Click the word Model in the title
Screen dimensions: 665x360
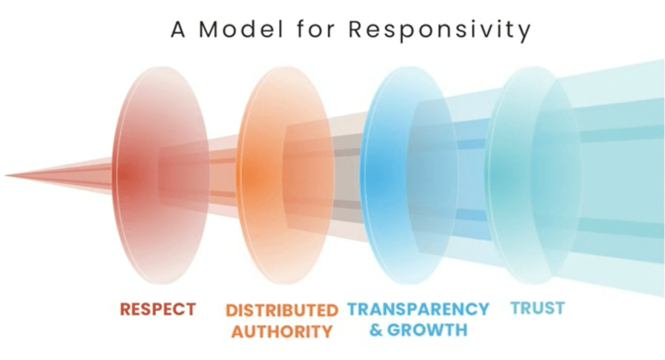pos(241,29)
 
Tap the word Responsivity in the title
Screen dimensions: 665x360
pos(439,31)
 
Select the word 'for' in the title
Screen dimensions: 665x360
pos(316,29)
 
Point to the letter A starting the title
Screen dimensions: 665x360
pos(178,30)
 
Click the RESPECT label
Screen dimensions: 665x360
pos(157,309)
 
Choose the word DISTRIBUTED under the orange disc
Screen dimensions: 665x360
pos(282,311)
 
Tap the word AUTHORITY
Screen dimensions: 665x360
pos(282,331)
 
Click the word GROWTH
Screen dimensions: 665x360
pos(428,330)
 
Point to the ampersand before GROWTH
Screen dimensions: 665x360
pos(377,330)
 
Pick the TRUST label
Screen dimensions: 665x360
pos(538,308)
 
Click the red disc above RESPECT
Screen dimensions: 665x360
pos(160,175)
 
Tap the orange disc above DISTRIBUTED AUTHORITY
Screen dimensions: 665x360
pos(285,175)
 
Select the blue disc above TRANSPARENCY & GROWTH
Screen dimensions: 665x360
pos(409,175)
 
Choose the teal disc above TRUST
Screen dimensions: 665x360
pos(533,175)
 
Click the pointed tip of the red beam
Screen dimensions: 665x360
pos(5,175)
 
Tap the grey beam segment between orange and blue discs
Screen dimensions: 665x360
pos(347,177)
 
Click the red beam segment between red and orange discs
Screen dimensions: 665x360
pos(223,177)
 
